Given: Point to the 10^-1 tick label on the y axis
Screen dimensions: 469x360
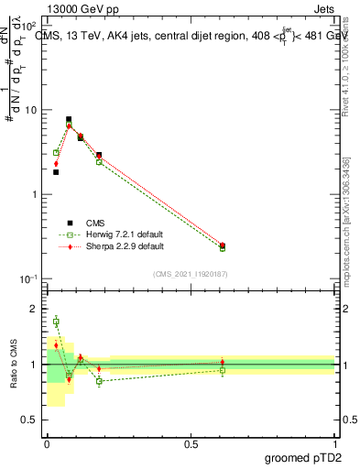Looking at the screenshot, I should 30,278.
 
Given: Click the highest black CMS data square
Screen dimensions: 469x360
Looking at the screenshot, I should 69,119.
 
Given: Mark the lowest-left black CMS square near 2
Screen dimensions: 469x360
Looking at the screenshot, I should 56,172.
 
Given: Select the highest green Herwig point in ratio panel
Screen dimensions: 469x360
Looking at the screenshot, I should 56,321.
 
